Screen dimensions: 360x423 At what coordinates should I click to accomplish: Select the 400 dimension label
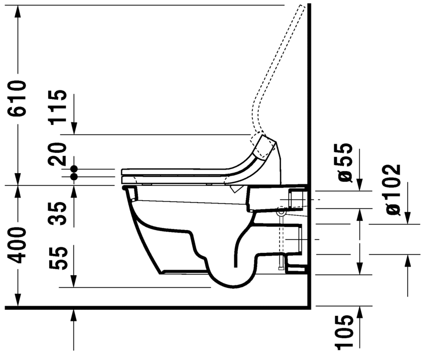coord(18,246)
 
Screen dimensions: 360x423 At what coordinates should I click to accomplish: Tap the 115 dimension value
coord(59,107)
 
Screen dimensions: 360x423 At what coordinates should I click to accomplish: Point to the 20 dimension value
coord(59,154)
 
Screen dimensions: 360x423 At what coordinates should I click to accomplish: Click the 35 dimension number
coord(59,214)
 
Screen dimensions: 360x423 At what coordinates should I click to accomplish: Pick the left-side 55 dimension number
coord(59,258)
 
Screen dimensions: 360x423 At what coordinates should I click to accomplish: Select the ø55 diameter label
coord(345,162)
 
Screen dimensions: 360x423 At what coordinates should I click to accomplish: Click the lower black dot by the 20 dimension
coord(74,177)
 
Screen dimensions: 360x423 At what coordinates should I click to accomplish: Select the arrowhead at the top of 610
coord(18,11)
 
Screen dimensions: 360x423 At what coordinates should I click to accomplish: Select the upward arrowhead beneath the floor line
coord(74,316)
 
